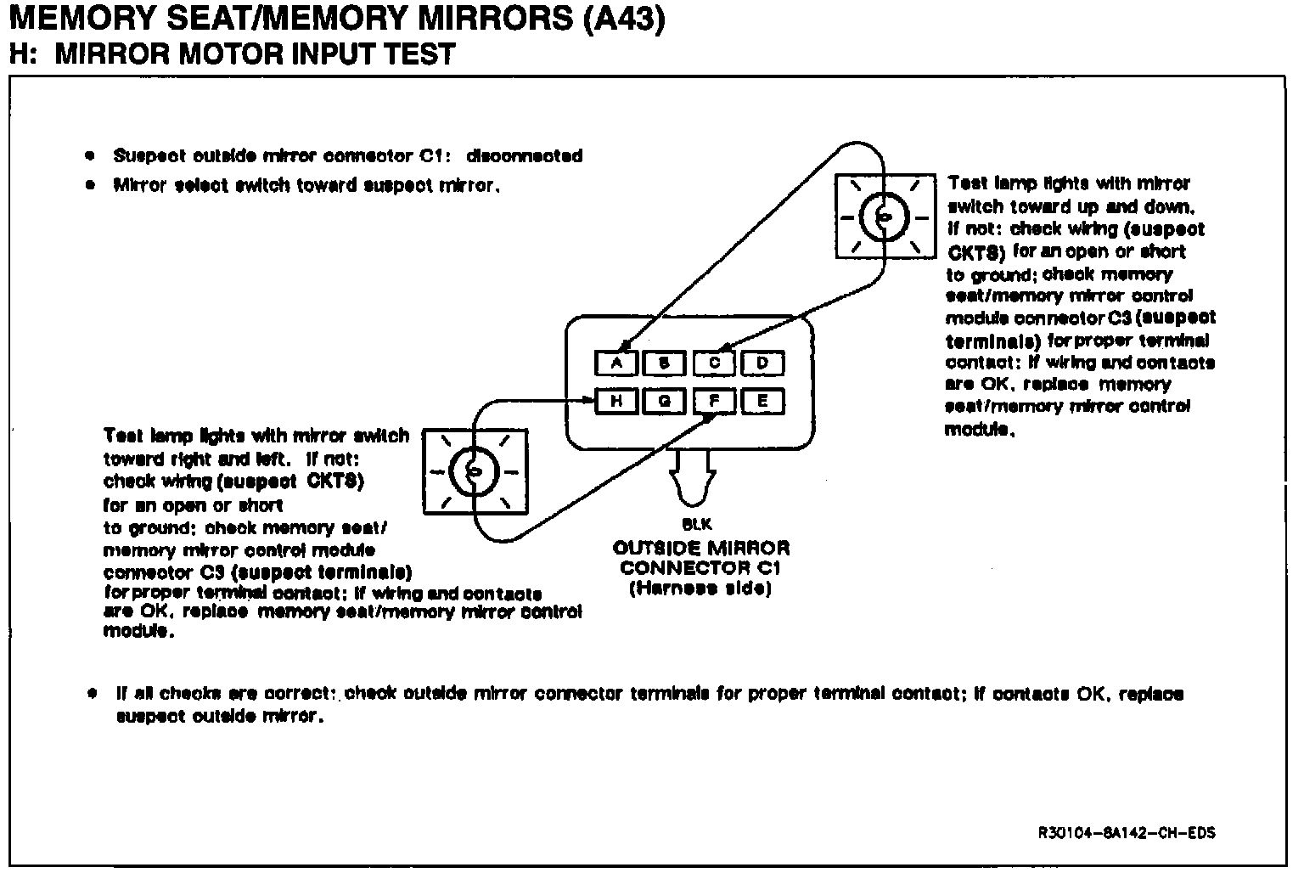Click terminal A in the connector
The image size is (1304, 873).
click(617, 363)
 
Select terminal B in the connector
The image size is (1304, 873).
click(666, 363)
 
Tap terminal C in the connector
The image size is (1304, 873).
click(715, 363)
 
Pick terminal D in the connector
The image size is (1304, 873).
click(762, 363)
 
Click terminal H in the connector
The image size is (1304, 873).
click(617, 401)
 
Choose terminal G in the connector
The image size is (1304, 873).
click(666, 401)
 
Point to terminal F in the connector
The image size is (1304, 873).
click(715, 401)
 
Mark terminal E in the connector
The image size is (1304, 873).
click(762, 401)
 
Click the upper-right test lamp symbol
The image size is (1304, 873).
click(885, 217)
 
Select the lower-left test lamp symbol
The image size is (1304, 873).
click(475, 470)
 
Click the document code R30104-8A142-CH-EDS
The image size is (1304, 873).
click(1126, 833)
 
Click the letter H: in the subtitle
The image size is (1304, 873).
click(25, 54)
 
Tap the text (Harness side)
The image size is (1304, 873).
click(700, 589)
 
